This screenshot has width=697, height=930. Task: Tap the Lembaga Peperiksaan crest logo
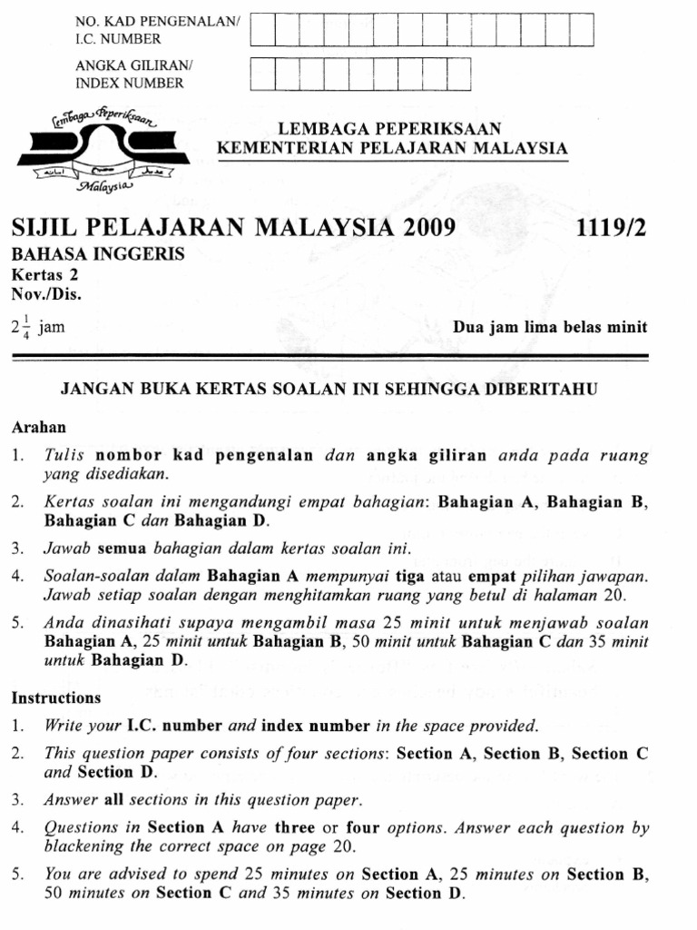coord(103,153)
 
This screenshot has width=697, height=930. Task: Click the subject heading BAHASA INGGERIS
coord(98,254)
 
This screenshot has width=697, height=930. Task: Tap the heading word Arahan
coord(39,426)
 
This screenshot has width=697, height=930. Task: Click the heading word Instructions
coord(56,698)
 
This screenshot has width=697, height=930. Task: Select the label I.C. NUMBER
coord(118,39)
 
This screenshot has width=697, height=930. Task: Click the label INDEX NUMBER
coord(130,83)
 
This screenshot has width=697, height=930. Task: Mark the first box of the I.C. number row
coord(262,30)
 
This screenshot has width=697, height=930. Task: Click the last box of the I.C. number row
coord(581,30)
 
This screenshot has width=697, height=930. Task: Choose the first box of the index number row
coord(262,74)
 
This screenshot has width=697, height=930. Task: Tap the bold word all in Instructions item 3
coord(113,800)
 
